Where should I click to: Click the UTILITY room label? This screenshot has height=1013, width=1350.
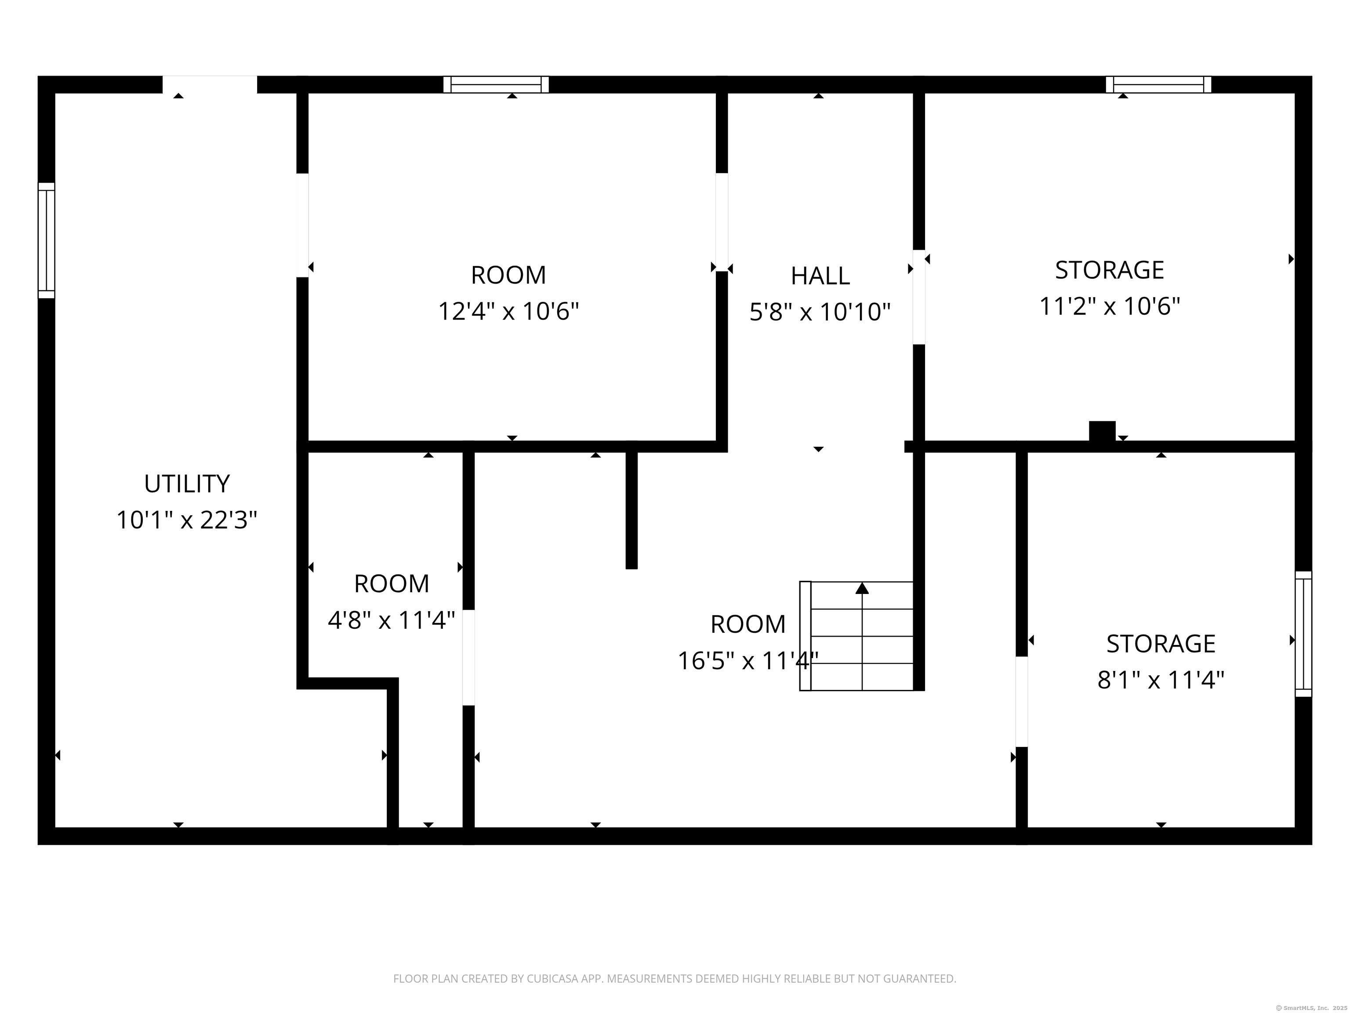[187, 484]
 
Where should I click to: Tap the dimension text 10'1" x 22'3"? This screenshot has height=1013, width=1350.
[187, 520]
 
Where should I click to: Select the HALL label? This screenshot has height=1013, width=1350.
[820, 276]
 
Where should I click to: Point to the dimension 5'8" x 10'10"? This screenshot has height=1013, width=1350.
[820, 312]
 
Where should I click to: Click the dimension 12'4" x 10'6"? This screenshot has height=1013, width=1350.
[508, 311]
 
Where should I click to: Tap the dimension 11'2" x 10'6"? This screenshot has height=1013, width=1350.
[1110, 306]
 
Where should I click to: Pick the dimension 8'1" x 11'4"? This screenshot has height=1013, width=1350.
[1161, 680]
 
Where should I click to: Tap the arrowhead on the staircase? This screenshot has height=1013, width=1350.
[862, 588]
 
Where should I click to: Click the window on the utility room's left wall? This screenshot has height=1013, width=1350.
[47, 240]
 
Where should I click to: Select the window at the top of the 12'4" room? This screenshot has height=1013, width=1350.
[496, 84]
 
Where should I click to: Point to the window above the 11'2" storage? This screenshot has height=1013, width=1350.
[1158, 84]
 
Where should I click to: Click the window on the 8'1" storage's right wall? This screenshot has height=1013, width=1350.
[1303, 634]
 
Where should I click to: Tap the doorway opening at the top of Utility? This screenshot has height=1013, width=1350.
[209, 84]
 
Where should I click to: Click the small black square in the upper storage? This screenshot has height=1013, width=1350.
[1102, 430]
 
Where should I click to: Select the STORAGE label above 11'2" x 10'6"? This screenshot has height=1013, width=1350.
[1110, 270]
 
